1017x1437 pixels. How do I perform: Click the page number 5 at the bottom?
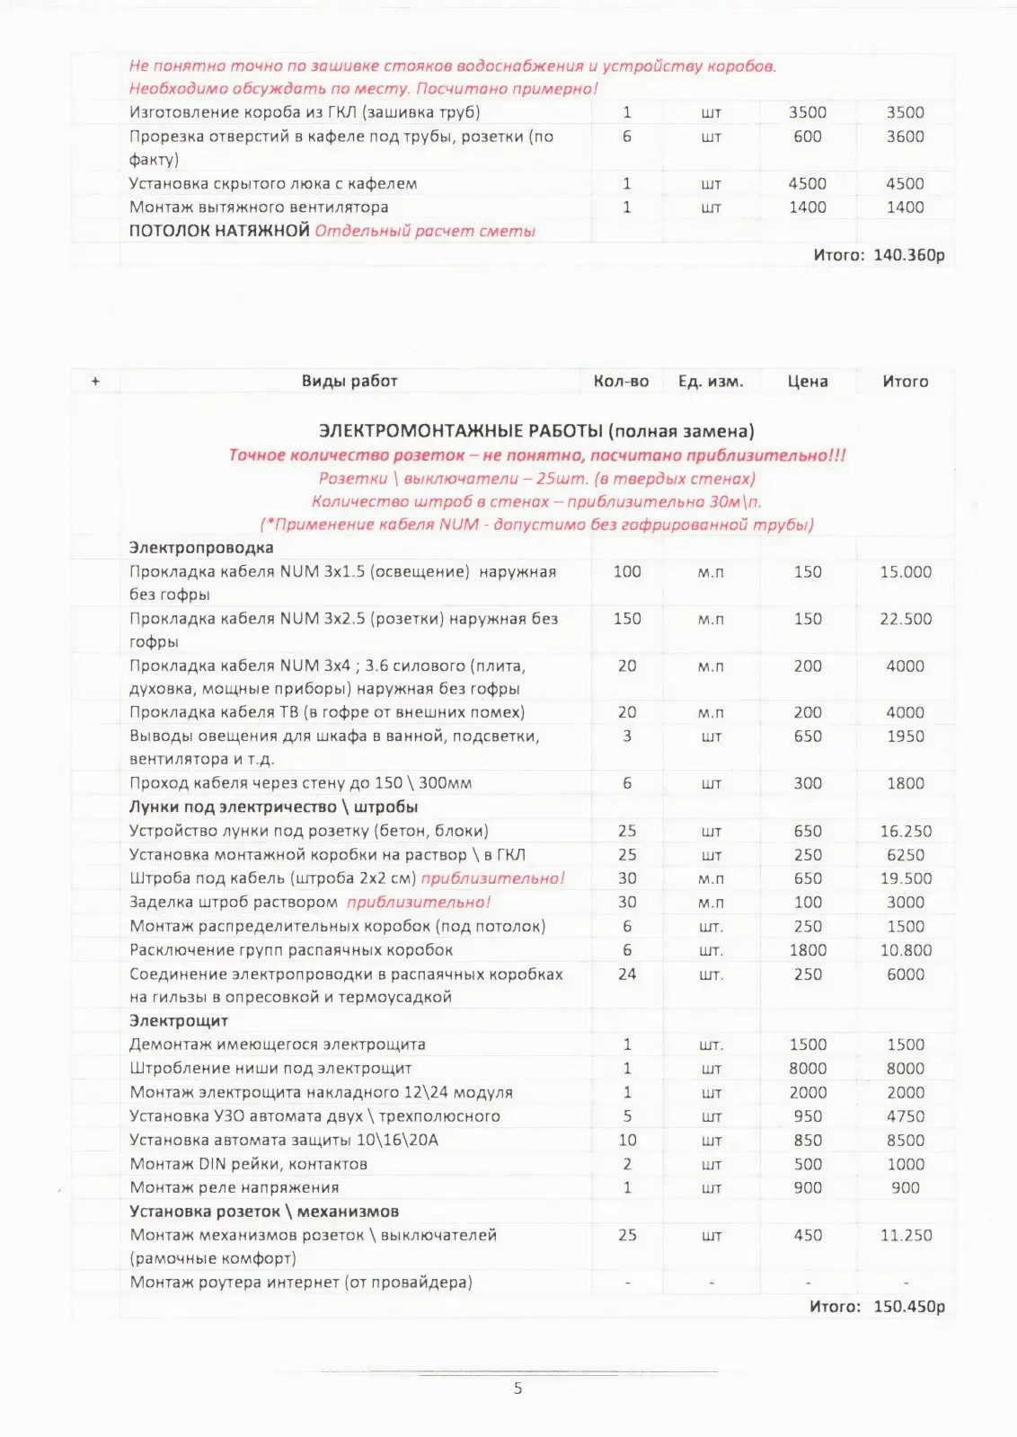point(517,1388)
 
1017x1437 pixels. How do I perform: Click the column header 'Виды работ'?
point(349,381)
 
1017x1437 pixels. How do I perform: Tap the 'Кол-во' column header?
point(621,381)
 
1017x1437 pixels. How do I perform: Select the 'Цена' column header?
point(807,381)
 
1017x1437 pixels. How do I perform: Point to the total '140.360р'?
point(908,255)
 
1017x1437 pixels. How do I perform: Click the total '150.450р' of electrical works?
point(908,1306)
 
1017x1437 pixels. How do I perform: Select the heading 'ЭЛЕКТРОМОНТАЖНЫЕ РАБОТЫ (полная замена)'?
point(536,431)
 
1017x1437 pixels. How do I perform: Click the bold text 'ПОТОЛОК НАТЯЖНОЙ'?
point(219,231)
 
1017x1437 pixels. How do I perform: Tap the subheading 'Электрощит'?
point(179,1020)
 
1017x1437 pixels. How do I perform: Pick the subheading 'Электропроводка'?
point(201,547)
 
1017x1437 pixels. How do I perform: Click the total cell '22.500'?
point(906,619)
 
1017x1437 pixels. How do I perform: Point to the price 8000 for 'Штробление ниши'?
point(808,1068)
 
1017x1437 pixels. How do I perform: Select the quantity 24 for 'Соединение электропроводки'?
point(627,974)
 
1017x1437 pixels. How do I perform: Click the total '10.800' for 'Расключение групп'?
point(906,950)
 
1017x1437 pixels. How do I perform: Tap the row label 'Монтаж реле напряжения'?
point(234,1187)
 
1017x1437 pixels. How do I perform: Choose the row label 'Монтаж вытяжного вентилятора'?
point(259,207)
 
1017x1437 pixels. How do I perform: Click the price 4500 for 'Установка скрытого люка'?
point(808,183)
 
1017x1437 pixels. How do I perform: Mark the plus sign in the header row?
point(95,381)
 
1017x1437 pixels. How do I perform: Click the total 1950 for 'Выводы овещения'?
point(906,736)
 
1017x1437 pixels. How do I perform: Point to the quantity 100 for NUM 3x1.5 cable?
point(627,571)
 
